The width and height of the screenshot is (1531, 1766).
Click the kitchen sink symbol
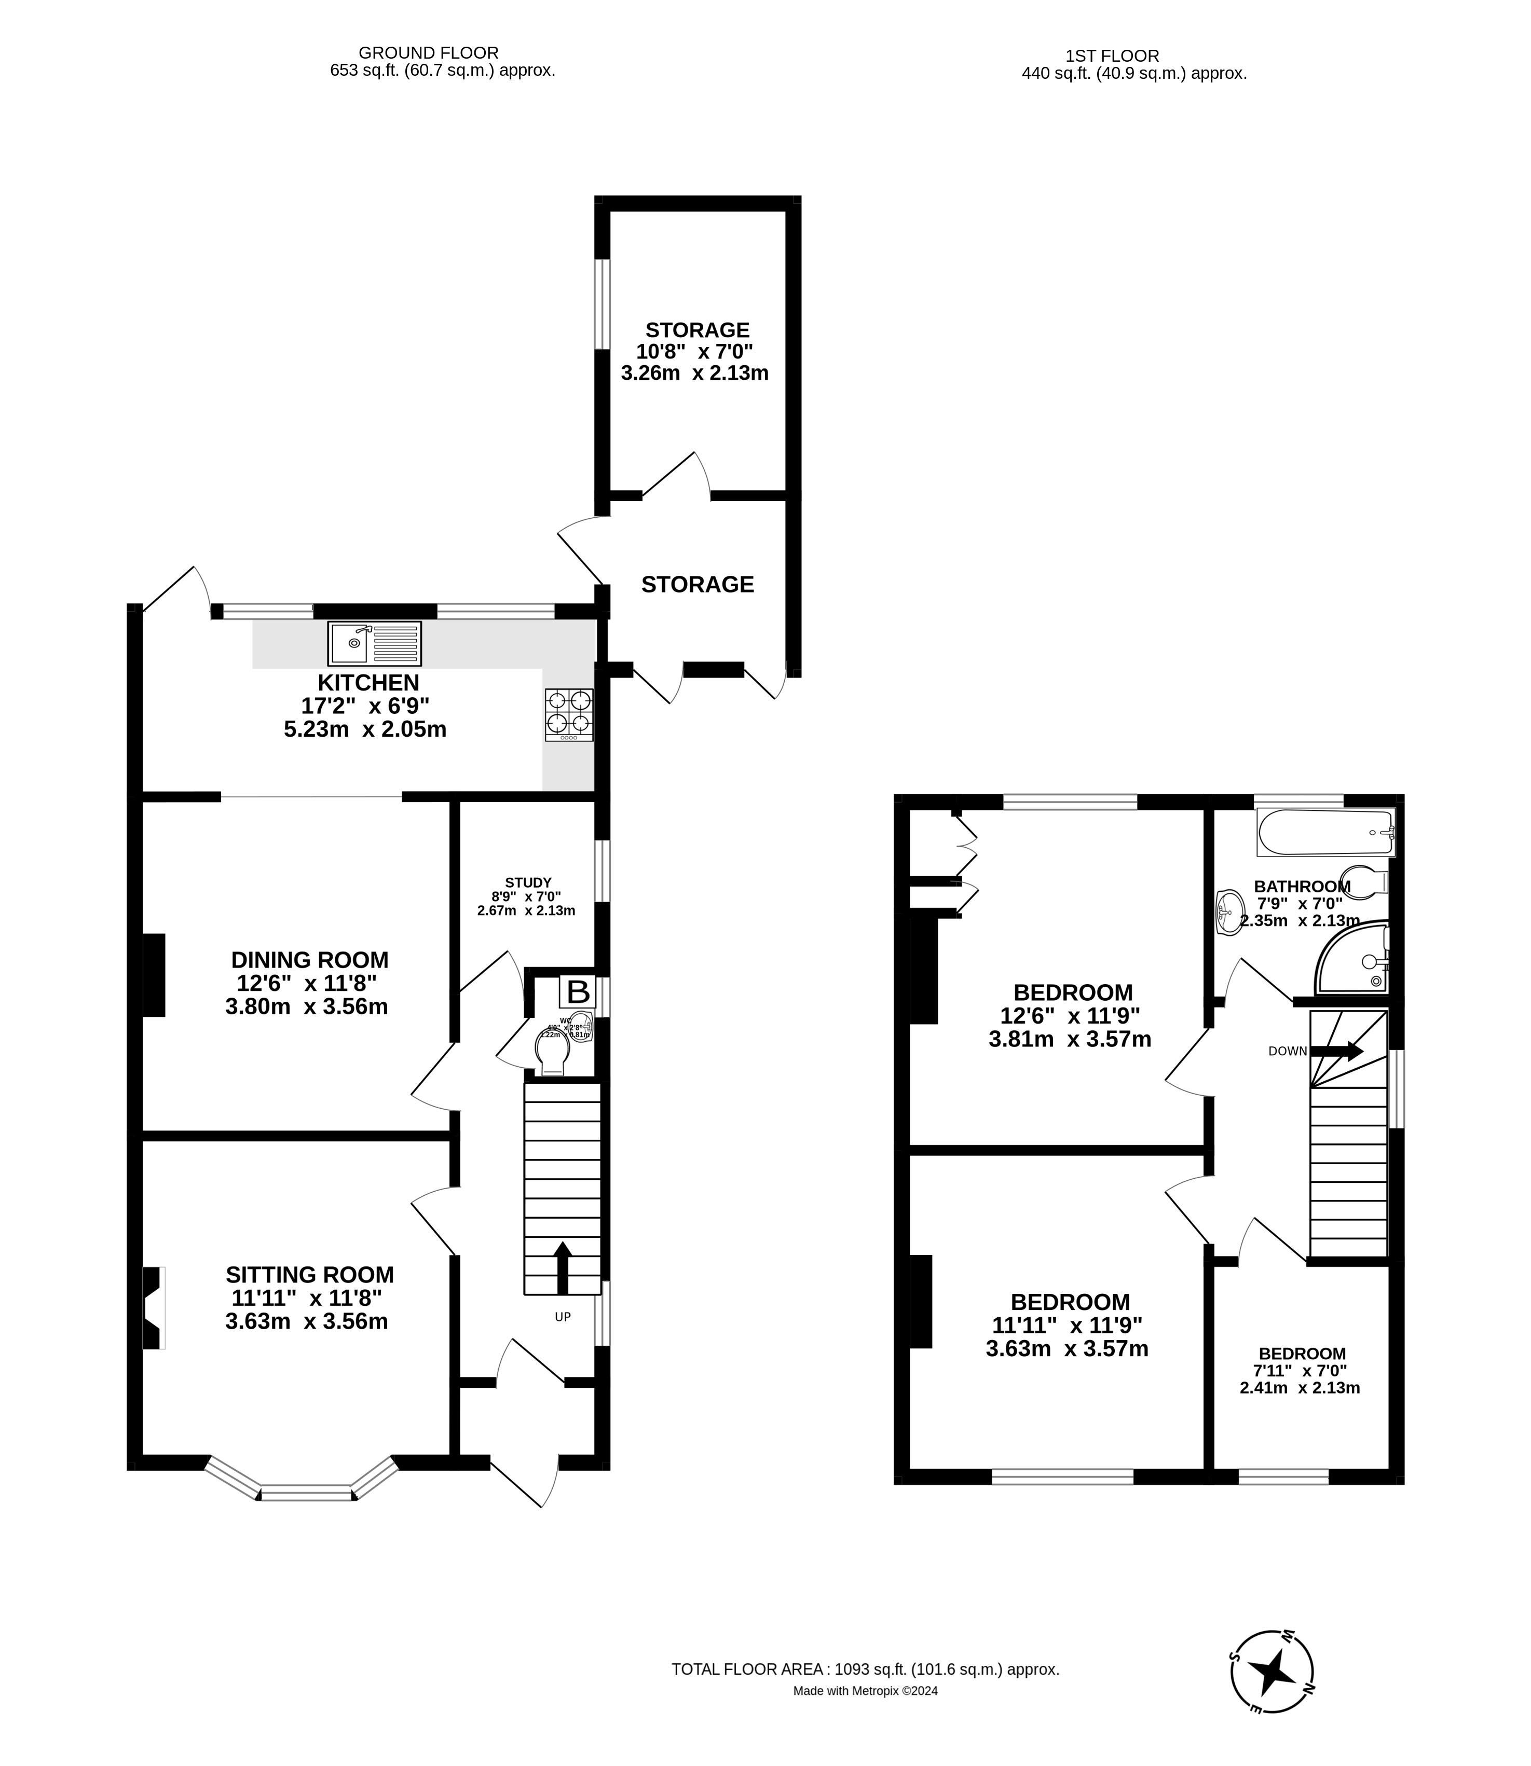tap(374, 644)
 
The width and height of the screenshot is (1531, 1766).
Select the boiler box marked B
tap(578, 992)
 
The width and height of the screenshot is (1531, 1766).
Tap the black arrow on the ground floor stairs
tap(562, 1267)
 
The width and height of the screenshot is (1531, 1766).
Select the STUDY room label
tap(528, 882)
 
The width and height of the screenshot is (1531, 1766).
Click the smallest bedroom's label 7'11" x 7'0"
tap(1300, 1371)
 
